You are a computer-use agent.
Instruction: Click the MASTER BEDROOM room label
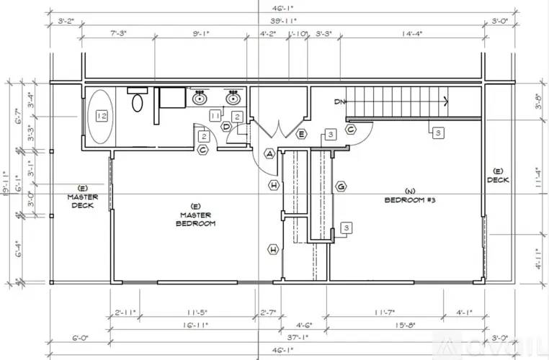[195, 219]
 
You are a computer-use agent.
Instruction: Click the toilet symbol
[138, 102]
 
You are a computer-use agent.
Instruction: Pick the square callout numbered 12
[102, 116]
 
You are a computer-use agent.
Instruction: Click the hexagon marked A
[269, 153]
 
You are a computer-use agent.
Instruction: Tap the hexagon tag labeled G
[341, 186]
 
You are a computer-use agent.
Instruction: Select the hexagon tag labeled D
[226, 127]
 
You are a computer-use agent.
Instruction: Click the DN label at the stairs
[339, 102]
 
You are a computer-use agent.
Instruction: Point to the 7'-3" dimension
[117, 33]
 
